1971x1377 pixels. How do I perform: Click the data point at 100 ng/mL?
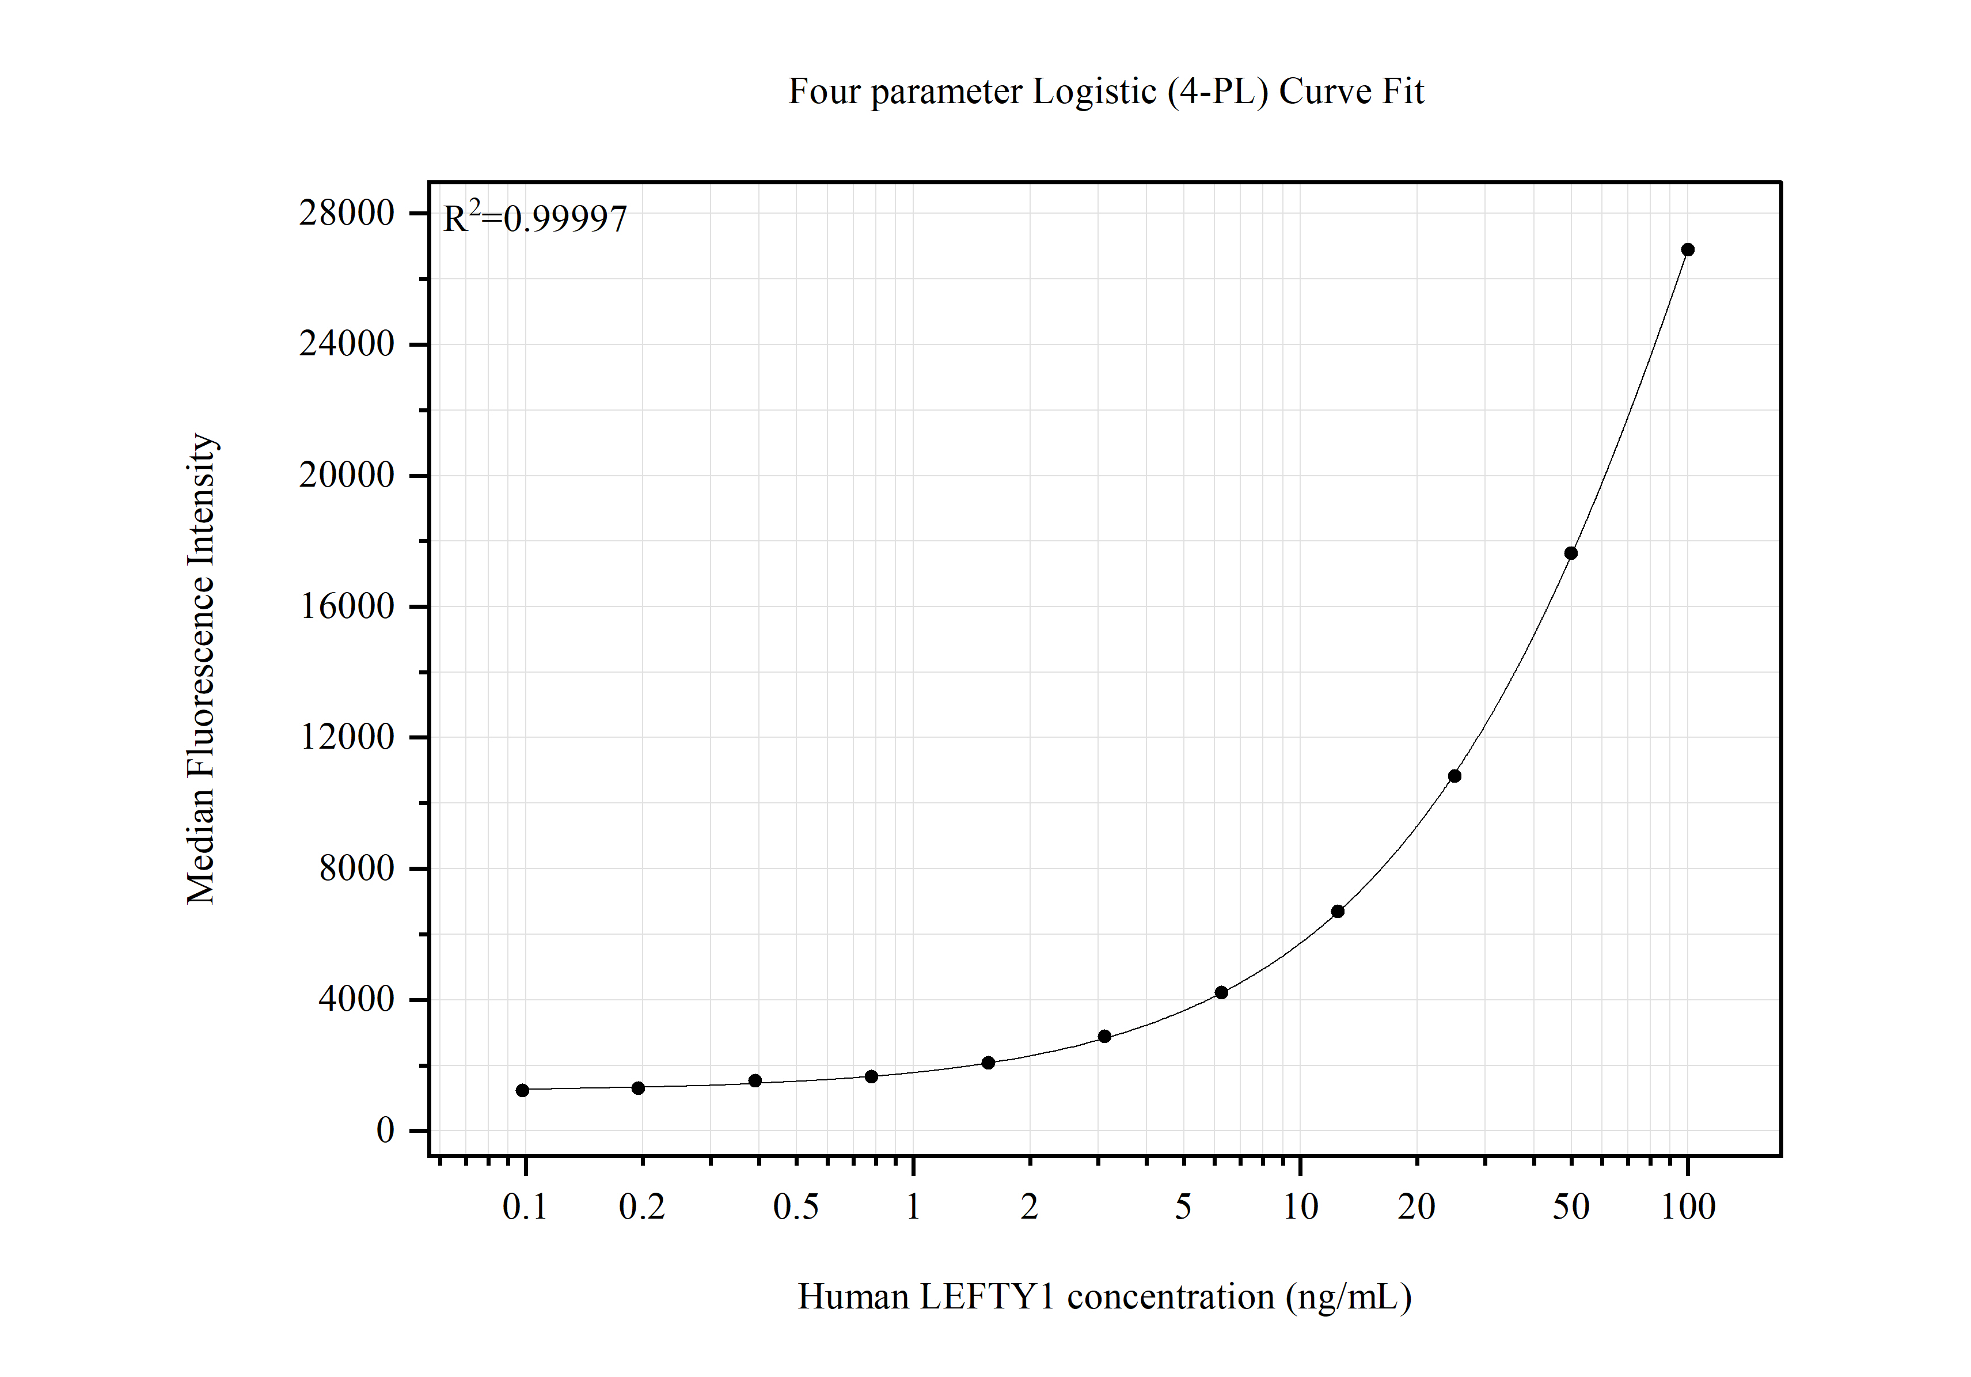click(x=1688, y=250)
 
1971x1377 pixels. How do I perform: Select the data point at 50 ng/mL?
click(x=1571, y=553)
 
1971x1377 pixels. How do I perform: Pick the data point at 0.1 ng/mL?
click(x=523, y=1090)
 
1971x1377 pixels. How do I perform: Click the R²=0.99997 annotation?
click(x=535, y=219)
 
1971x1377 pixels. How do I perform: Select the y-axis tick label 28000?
click(x=347, y=213)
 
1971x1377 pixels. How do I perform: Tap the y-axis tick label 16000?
click(x=347, y=606)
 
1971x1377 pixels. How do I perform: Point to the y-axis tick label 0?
click(x=385, y=1131)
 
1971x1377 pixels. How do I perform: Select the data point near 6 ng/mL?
click(x=1221, y=992)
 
